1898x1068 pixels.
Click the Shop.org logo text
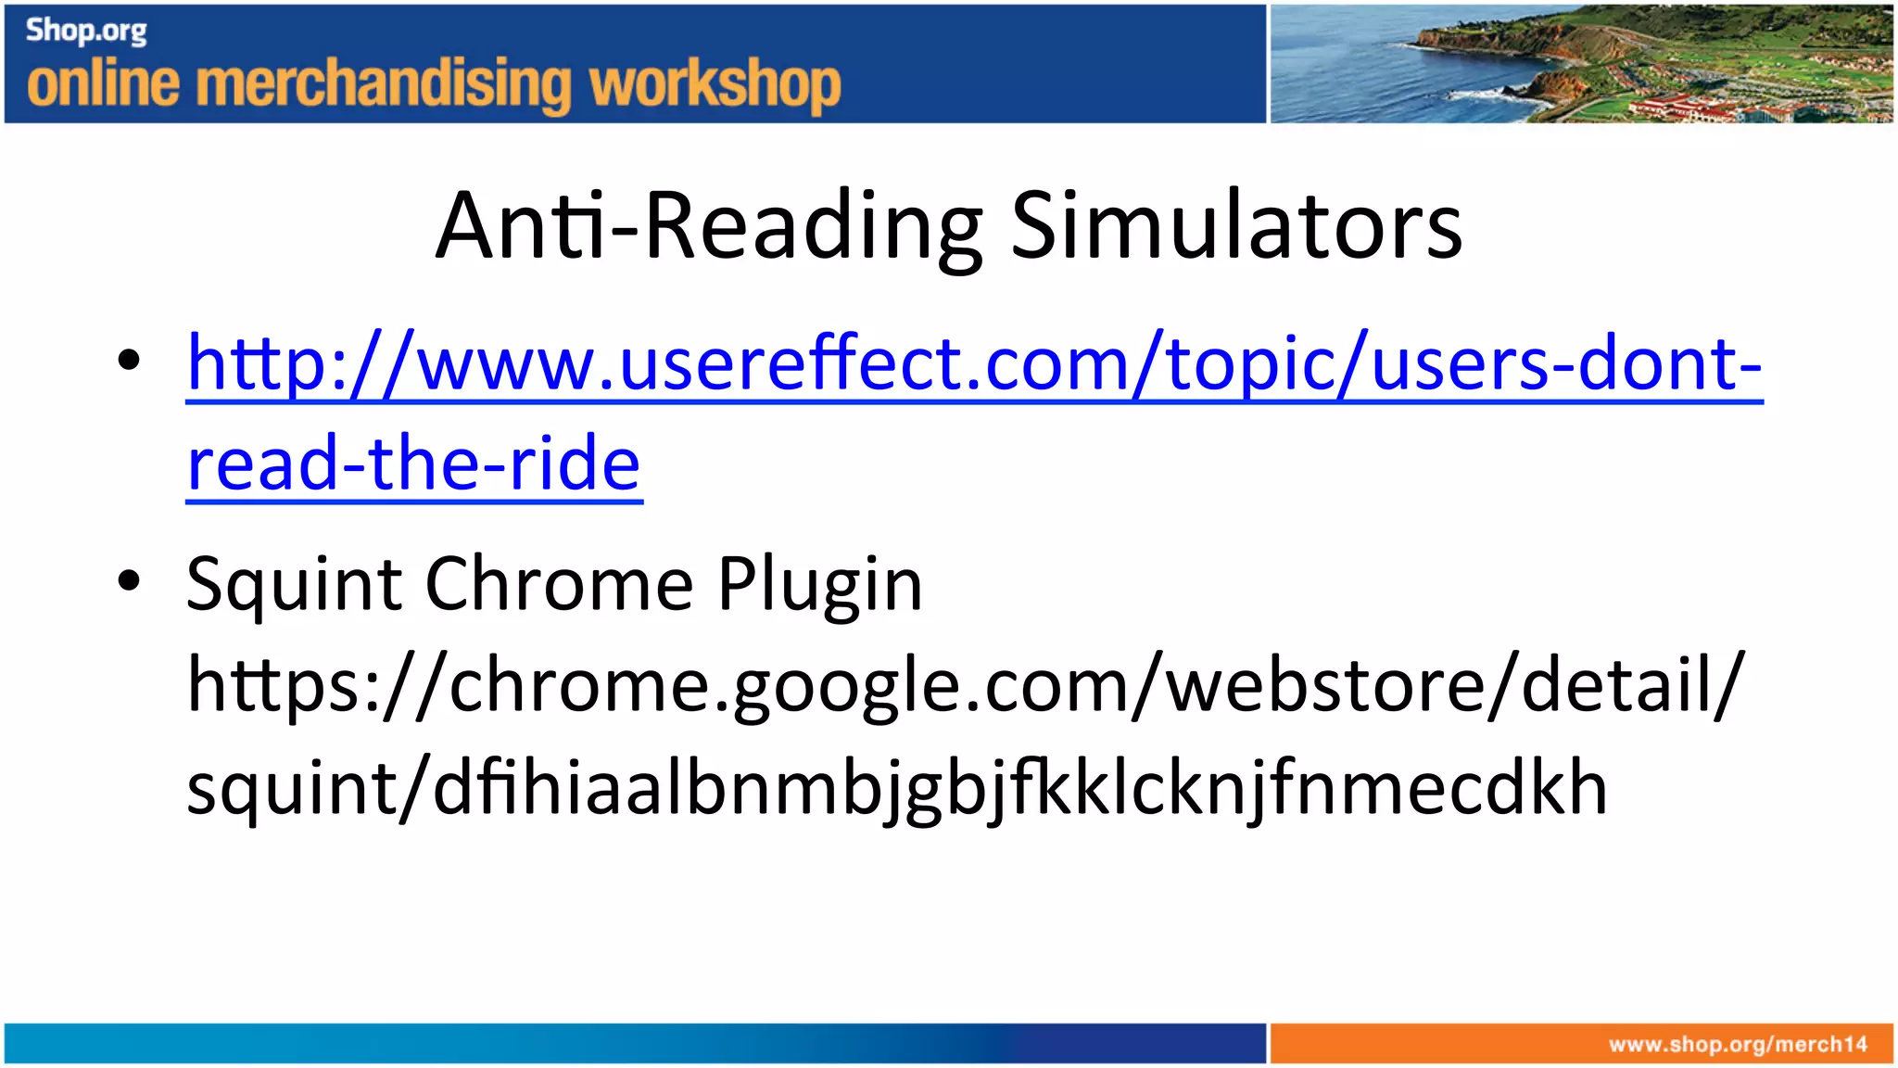coord(86,31)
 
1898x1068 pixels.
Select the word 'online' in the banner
coord(103,83)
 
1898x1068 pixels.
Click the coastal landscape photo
coord(1580,63)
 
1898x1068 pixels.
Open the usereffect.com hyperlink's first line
coord(973,363)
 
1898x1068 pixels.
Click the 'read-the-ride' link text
coord(413,464)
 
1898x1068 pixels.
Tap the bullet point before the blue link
coord(129,360)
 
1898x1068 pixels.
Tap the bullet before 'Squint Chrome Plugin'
coord(129,581)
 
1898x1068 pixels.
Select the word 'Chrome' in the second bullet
coord(559,585)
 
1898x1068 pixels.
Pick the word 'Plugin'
coord(819,585)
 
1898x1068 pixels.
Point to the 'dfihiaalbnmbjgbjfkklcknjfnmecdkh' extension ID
coord(1019,788)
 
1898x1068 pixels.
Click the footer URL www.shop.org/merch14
coord(1738,1045)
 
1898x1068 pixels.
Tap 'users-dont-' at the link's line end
coord(1566,363)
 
